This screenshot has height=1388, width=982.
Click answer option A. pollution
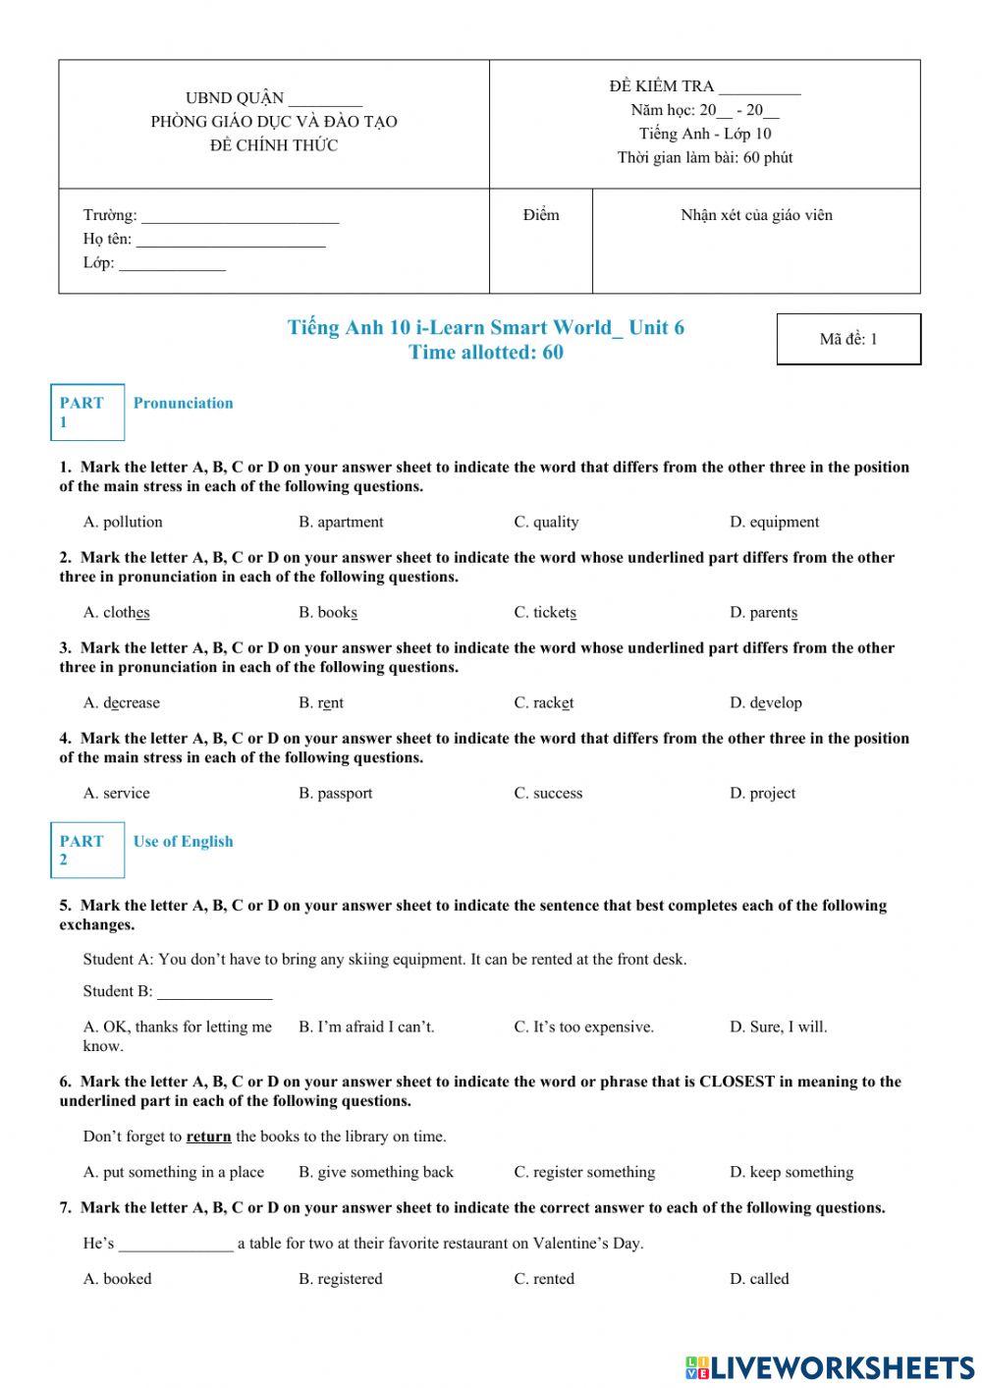(123, 522)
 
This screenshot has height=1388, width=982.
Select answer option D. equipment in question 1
(774, 522)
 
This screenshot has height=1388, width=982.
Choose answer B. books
(328, 612)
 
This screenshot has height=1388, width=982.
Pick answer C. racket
(543, 702)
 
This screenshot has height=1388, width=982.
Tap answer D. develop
(765, 702)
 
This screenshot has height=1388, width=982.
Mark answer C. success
(548, 793)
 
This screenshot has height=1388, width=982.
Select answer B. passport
(335, 793)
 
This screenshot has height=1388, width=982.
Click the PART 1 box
(87, 412)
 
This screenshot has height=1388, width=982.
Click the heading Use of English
(183, 841)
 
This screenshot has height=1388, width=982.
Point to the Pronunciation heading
(183, 403)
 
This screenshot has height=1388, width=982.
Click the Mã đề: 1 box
(848, 339)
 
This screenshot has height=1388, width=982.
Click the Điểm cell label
(541, 215)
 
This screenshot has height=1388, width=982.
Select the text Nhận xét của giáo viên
(756, 215)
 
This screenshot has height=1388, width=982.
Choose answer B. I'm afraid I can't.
(366, 1027)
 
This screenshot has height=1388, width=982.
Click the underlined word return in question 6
(208, 1137)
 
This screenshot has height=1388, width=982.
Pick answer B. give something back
(376, 1172)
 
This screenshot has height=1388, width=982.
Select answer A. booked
(117, 1278)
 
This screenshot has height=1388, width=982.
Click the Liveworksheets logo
(830, 1366)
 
